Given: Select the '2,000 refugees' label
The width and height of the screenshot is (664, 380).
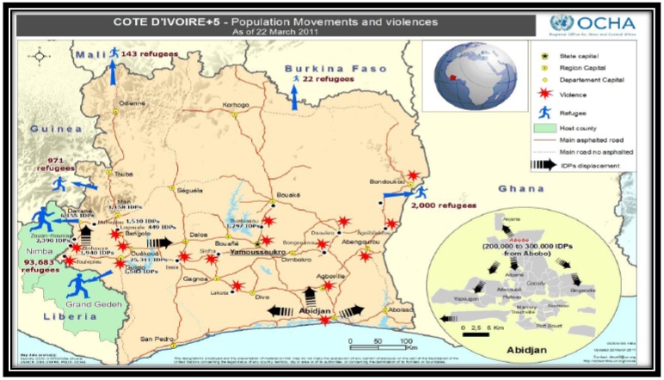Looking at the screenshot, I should (442, 207).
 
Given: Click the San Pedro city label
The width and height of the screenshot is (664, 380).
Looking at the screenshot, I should (159, 336).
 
